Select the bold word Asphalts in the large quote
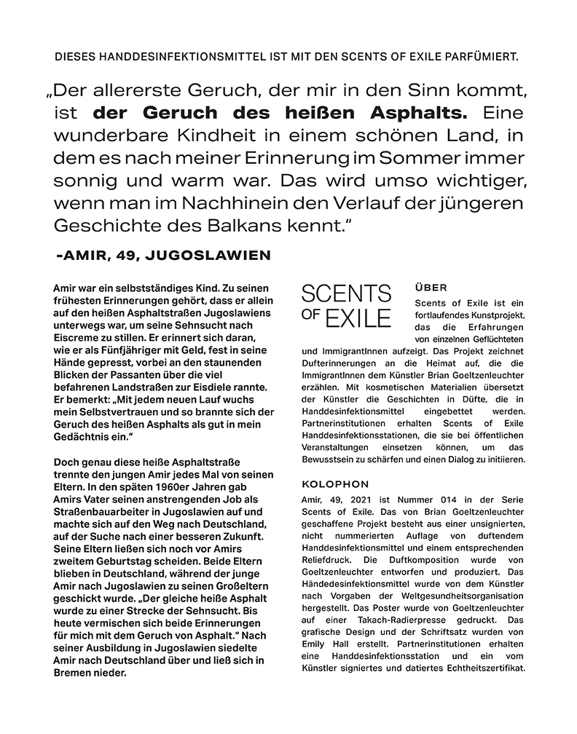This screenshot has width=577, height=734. coord(412,114)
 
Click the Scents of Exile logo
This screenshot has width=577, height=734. coord(346,306)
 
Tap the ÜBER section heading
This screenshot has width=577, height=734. coord(431,288)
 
